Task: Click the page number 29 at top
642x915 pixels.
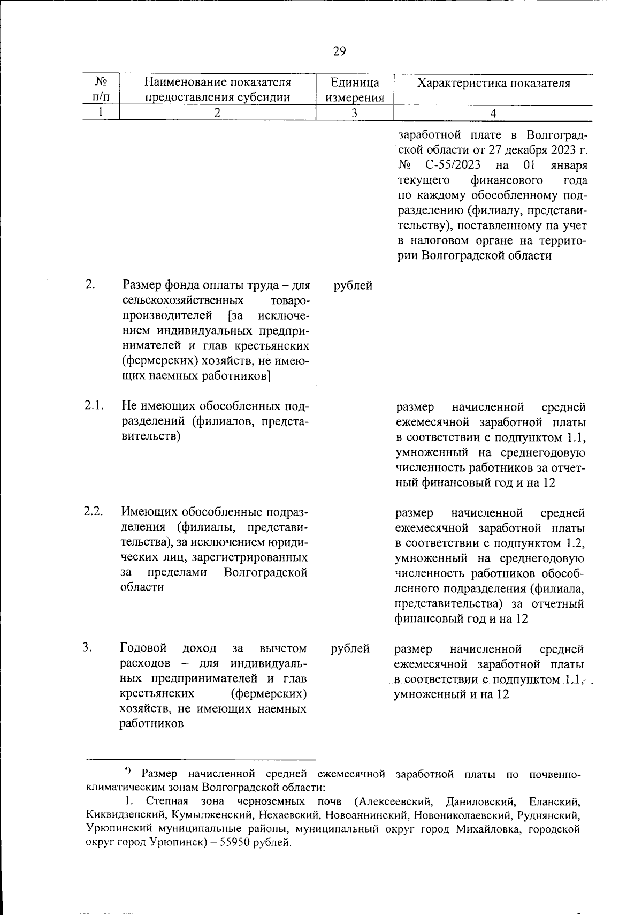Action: pos(339,51)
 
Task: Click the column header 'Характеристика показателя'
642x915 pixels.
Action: pos(493,83)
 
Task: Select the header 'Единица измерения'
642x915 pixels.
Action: pos(355,90)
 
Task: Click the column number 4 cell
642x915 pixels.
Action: pos(493,113)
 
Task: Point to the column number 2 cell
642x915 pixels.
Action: pos(217,113)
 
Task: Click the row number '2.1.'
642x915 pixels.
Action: pos(93,405)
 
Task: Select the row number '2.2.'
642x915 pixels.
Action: pos(93,511)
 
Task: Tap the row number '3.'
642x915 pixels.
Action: pos(88,647)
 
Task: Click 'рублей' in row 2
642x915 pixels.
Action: pos(353,285)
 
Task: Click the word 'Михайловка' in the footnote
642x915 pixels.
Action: pos(487,830)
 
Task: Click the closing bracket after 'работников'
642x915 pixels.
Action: pos(266,376)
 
